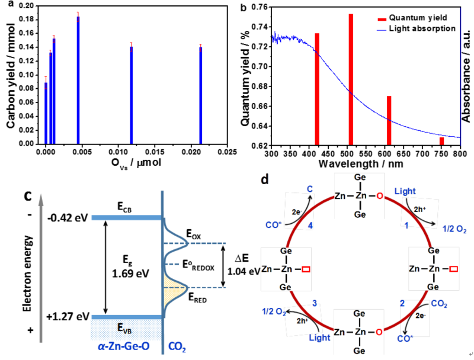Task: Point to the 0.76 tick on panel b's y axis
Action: point(260,7)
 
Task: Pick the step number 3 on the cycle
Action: point(315,303)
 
